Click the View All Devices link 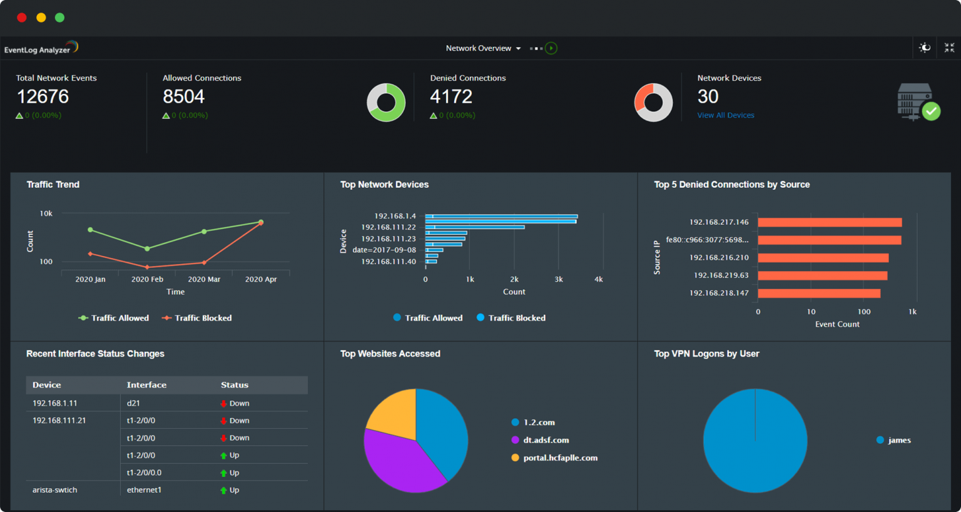point(725,115)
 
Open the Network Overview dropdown point(482,48)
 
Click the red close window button point(22,18)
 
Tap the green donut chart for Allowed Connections point(386,103)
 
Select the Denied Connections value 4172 point(450,96)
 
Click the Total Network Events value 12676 point(43,96)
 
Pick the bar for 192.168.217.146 point(829,222)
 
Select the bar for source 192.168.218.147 point(818,293)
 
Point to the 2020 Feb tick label point(147,279)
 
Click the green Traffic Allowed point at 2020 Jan point(91,230)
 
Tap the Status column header point(235,385)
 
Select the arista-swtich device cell point(55,490)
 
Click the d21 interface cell point(133,403)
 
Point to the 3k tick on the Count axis point(559,279)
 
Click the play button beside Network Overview point(551,48)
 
